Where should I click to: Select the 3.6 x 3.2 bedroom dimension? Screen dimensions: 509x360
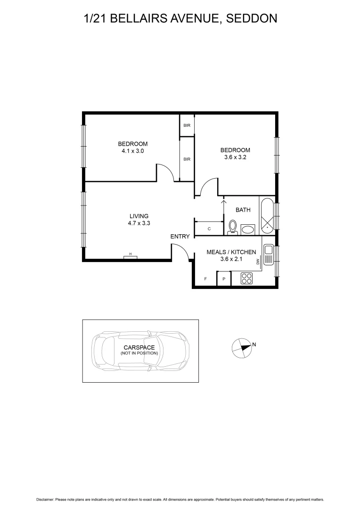(x=235, y=157)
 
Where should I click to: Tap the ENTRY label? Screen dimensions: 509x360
(x=180, y=237)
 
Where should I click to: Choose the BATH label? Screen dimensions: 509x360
(x=243, y=210)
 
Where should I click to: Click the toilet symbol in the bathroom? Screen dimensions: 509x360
(x=232, y=228)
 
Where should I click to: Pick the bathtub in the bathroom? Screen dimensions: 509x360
(x=267, y=215)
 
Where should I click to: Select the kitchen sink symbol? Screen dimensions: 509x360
(x=268, y=254)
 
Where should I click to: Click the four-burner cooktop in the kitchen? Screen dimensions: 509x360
(x=246, y=279)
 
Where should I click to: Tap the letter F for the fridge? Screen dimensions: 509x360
(x=205, y=279)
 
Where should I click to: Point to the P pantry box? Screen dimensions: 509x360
(x=224, y=279)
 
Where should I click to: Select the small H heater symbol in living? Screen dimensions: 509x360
(x=131, y=255)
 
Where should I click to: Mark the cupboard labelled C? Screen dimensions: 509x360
(x=209, y=229)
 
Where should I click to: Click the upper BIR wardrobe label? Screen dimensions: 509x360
(x=187, y=125)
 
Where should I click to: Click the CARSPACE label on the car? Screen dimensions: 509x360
(x=139, y=348)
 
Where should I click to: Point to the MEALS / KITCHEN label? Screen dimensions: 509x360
(x=231, y=252)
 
